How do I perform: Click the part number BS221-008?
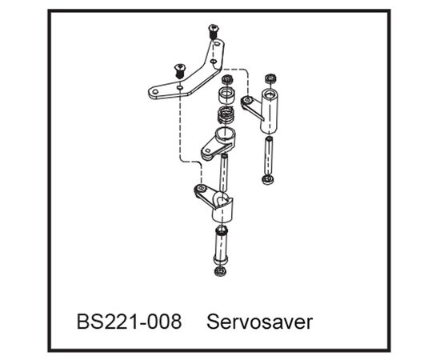point(129,322)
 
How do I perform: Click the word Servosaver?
point(259,322)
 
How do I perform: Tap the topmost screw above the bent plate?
point(214,32)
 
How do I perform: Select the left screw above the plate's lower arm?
point(179,70)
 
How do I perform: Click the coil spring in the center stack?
point(226,114)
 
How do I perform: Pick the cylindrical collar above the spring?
point(226,96)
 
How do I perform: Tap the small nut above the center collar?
point(227,79)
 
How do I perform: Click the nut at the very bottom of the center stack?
point(220,271)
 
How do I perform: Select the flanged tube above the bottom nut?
point(221,245)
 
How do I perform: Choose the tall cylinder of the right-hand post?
point(270,110)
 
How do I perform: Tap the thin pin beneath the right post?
point(269,156)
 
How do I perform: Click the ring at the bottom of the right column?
point(268,179)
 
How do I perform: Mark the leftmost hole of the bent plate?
point(155,91)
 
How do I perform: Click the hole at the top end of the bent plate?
point(217,44)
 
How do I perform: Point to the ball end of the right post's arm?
point(247,100)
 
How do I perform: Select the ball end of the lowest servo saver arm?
point(200,188)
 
